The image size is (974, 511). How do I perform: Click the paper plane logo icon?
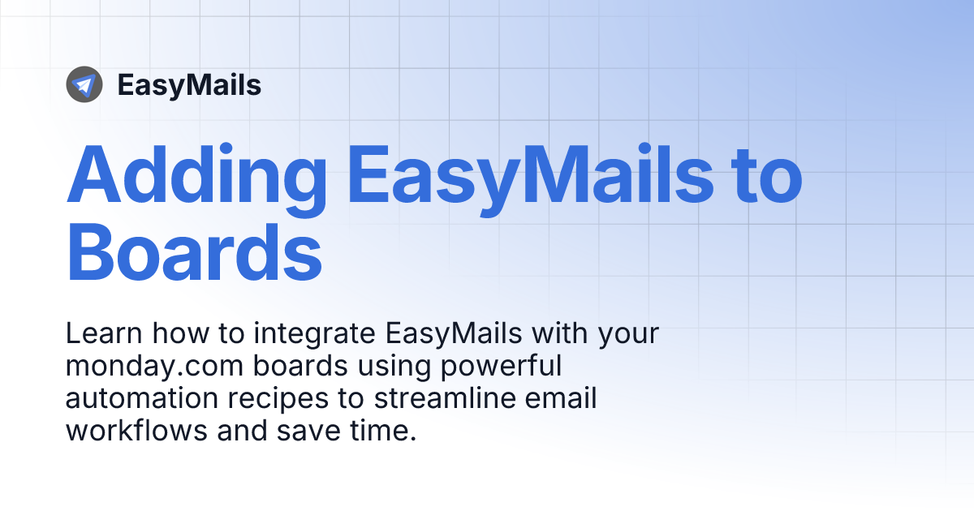[84, 84]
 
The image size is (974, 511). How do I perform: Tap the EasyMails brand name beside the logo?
[189, 85]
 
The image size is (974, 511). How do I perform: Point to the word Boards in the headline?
[194, 253]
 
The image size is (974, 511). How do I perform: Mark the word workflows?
[137, 431]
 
